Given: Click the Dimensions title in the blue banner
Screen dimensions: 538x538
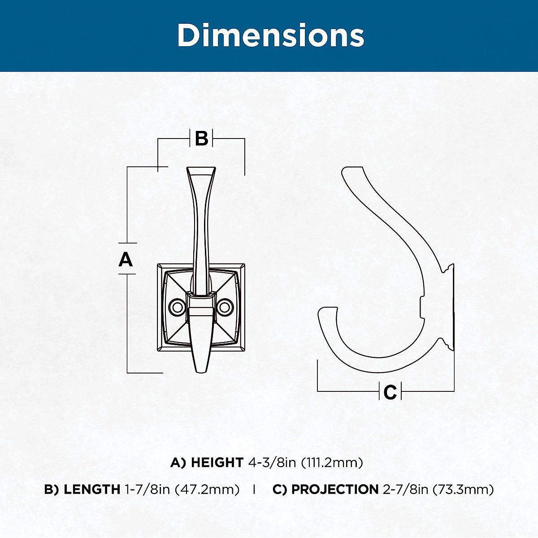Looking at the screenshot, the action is point(270,35).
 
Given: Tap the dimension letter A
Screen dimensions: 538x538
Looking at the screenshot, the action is point(126,259).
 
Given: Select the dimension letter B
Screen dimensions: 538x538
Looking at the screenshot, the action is point(201,138).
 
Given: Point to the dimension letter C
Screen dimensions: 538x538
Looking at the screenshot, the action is point(390,392).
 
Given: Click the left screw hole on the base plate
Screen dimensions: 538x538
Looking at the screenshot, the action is point(177,307).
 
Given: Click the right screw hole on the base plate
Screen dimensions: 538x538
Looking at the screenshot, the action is point(225,307).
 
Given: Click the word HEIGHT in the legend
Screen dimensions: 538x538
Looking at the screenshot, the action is point(217,463).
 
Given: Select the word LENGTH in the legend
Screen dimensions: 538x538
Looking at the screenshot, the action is point(92,490).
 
